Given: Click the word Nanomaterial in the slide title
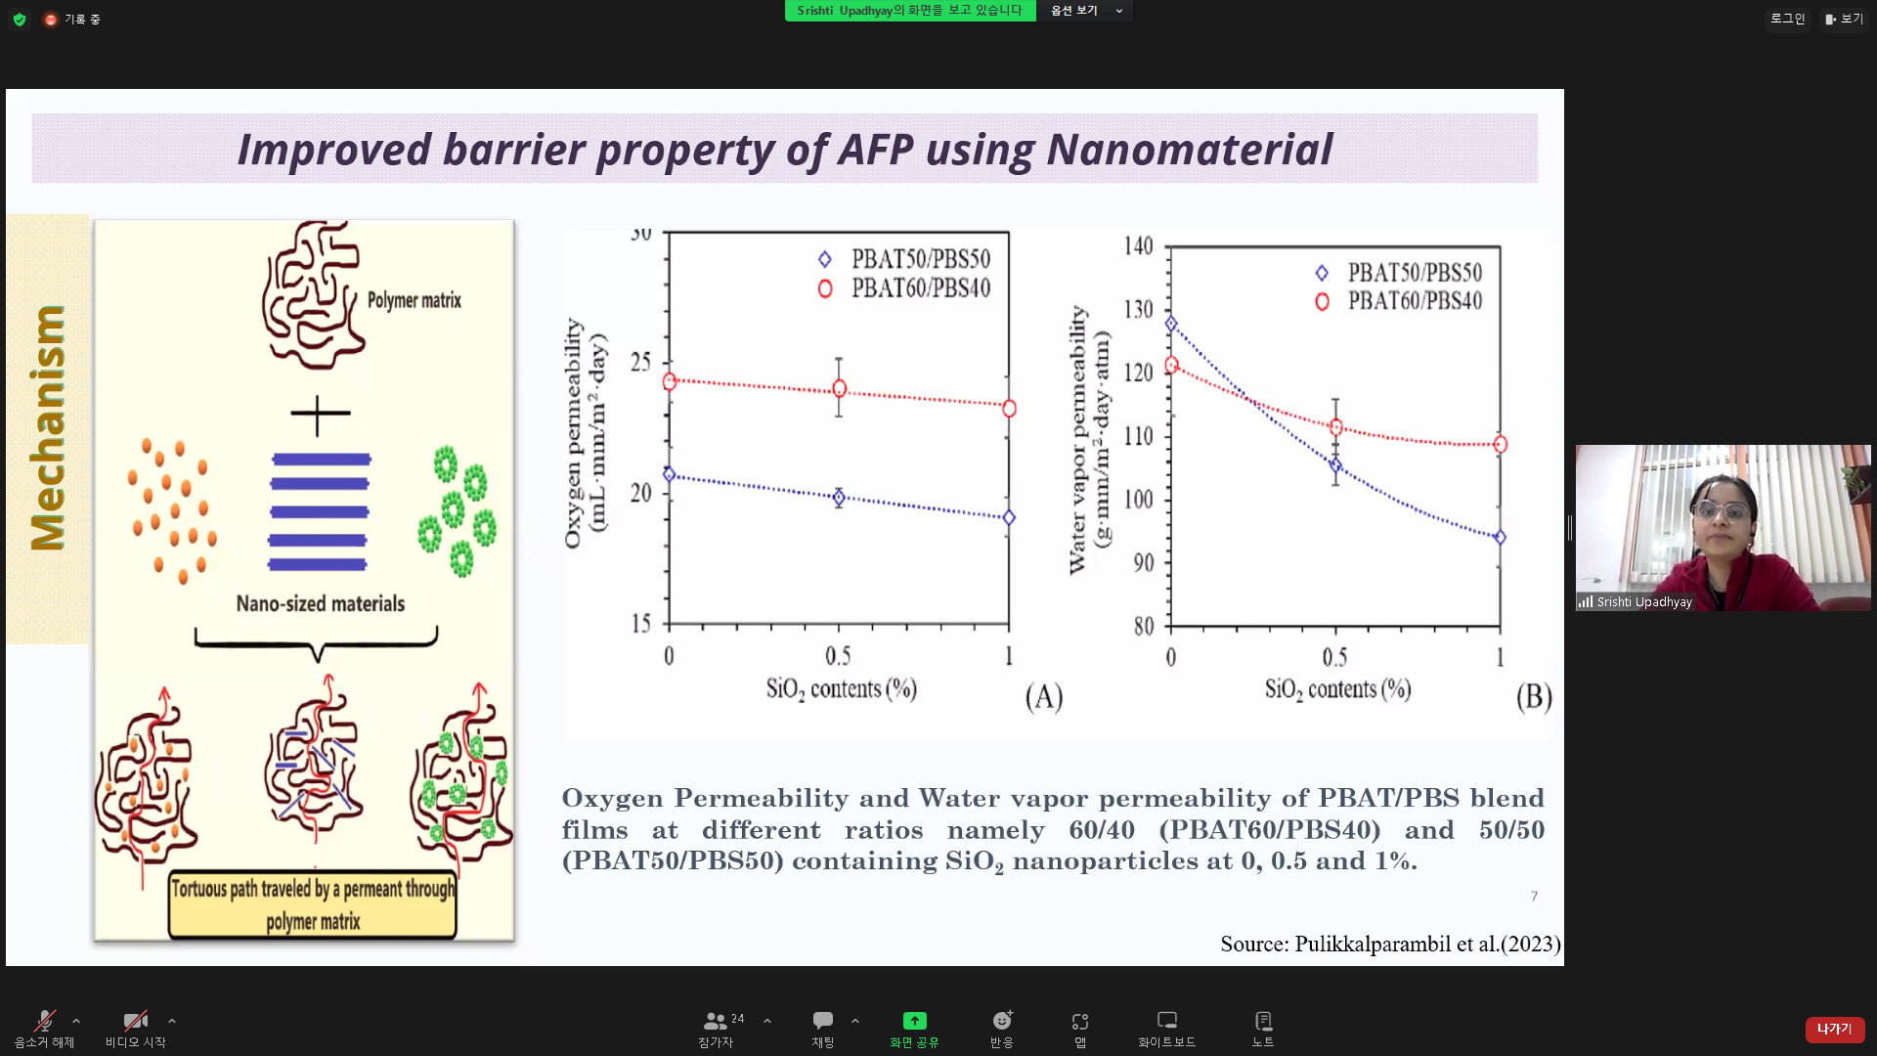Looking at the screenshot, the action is point(1190,150).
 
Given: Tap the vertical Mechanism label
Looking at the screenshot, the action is point(47,427).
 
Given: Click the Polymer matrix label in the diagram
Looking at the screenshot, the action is point(414,300).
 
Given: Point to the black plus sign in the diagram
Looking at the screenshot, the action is point(320,415).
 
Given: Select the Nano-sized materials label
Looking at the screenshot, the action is point(321,603).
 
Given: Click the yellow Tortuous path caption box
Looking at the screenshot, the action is point(313,904).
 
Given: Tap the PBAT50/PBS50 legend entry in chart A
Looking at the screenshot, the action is point(904,259).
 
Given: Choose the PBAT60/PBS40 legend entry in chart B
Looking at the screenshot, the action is point(1399,301).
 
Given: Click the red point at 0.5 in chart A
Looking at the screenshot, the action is point(839,388).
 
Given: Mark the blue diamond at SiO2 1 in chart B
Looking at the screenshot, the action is point(1500,537).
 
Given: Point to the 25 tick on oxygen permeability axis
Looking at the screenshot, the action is point(640,363).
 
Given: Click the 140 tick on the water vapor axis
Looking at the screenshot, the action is point(1138,245).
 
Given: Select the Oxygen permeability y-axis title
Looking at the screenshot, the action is point(586,433).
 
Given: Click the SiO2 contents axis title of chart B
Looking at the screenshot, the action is point(1337,689).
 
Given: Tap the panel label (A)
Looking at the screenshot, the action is point(1044,696).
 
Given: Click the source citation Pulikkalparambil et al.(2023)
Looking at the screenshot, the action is point(1390,944).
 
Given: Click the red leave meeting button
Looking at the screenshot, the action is point(1835,1029).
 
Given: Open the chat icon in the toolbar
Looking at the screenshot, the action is point(823,1021).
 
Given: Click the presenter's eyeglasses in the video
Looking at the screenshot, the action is point(1721,511).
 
